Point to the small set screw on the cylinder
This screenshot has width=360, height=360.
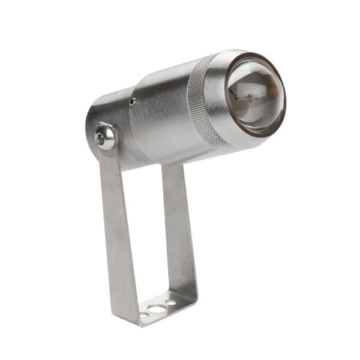[132, 102]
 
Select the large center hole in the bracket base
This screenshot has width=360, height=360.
[158, 310]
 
